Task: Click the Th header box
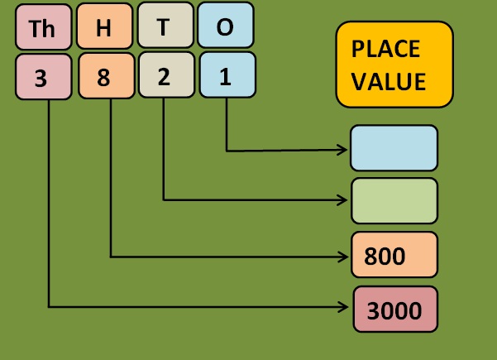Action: coord(42,28)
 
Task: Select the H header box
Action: coord(104,28)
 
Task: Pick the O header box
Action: coord(225,26)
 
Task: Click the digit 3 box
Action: coord(42,79)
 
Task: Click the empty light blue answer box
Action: coord(394,147)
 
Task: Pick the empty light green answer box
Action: coord(394,200)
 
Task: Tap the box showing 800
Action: coord(394,255)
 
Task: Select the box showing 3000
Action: coord(394,310)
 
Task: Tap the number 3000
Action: coord(394,310)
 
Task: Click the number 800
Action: coord(385,256)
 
